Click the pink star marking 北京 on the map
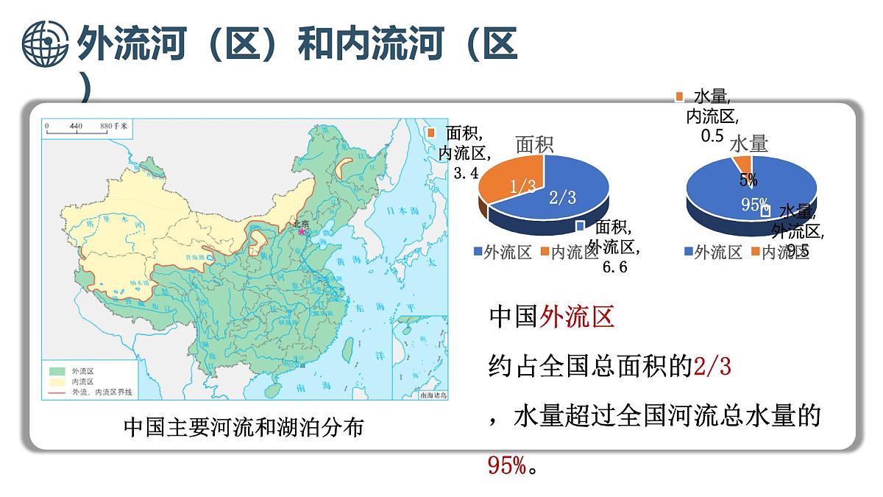(301, 231)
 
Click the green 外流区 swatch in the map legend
(58, 371)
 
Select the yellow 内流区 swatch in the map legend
(58, 381)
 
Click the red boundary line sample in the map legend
(58, 392)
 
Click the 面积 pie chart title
(534, 144)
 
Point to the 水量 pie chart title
(748, 144)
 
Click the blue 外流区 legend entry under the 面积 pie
(503, 253)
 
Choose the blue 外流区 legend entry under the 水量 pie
(713, 253)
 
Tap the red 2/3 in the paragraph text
(712, 366)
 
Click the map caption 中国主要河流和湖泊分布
(243, 427)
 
